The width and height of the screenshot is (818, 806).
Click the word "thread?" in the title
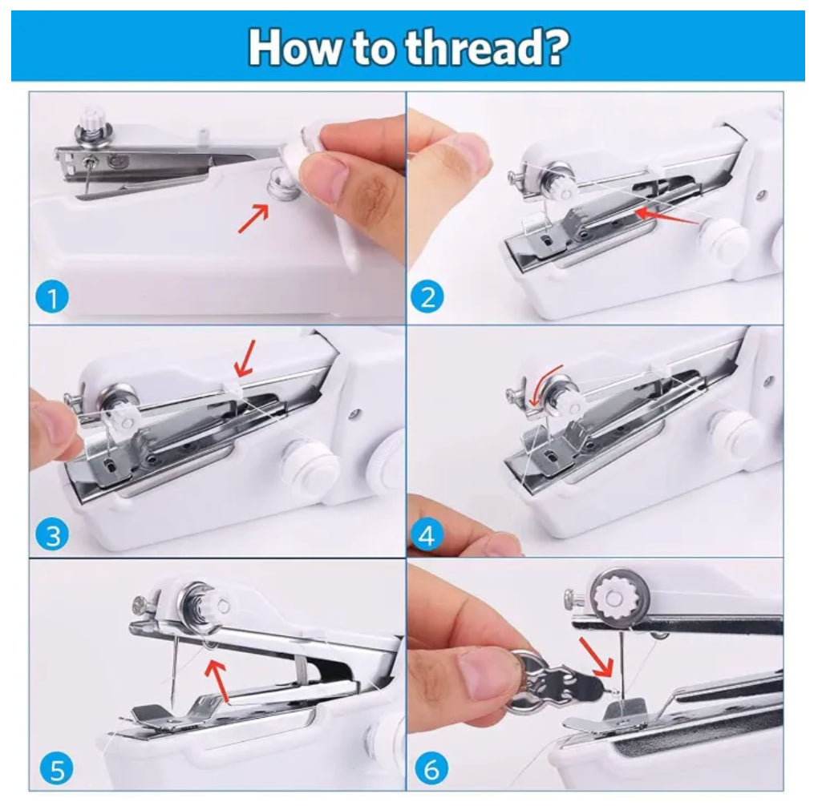click(x=488, y=47)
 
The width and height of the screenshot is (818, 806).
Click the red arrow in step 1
click(x=254, y=217)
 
